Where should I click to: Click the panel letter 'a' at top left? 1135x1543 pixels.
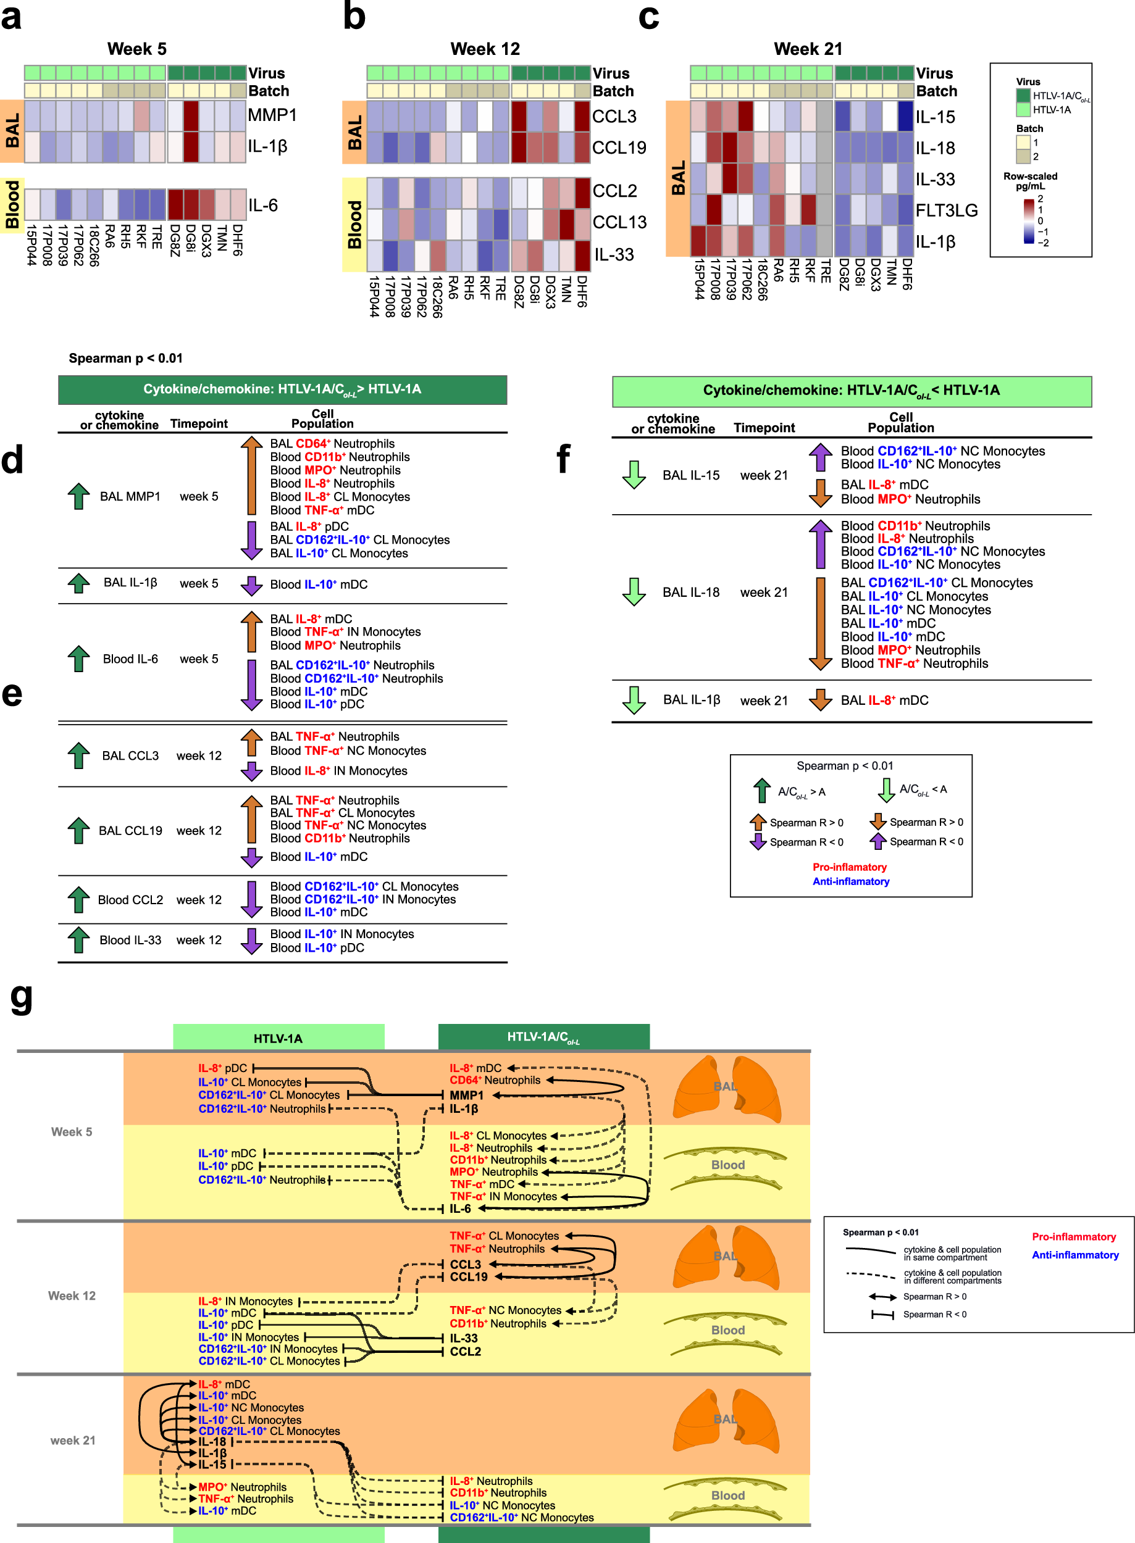(x=11, y=17)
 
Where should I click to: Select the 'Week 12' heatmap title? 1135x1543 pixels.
(x=484, y=49)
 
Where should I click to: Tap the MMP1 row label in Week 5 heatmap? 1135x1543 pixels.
(x=272, y=115)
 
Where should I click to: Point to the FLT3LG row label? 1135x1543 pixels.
(x=946, y=210)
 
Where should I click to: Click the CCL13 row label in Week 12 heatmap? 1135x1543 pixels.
(x=619, y=222)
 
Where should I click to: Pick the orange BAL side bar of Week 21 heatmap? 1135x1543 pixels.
(x=677, y=178)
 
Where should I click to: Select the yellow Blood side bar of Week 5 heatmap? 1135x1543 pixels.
(x=12, y=205)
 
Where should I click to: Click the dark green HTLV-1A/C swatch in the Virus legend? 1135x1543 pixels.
(x=1023, y=96)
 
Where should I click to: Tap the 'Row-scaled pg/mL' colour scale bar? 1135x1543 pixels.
(x=1029, y=221)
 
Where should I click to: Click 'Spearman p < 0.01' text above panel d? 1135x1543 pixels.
(x=126, y=358)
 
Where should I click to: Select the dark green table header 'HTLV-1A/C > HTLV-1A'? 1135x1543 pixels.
(x=282, y=389)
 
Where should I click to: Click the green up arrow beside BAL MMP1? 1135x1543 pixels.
(x=79, y=495)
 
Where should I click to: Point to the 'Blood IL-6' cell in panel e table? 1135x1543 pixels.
(x=130, y=659)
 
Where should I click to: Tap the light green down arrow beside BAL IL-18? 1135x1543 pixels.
(x=634, y=591)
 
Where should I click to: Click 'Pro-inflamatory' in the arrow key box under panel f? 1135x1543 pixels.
(x=849, y=867)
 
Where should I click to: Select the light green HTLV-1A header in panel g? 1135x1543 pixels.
(x=279, y=1038)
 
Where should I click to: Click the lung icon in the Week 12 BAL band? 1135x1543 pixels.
(x=726, y=1256)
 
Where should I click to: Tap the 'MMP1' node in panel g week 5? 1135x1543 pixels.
(x=466, y=1094)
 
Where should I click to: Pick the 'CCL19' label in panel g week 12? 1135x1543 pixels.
(x=469, y=1276)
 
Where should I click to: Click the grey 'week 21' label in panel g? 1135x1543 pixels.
(x=73, y=1440)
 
